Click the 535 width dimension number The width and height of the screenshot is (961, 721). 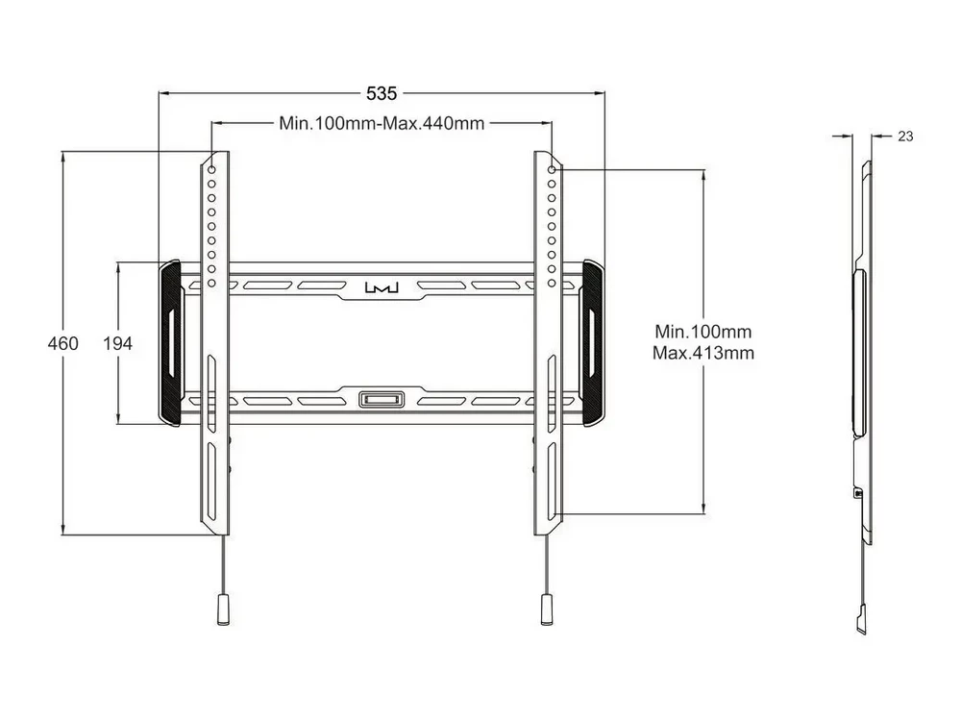[382, 93]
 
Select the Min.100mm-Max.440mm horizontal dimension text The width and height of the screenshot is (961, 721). [382, 123]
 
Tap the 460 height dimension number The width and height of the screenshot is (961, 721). [63, 343]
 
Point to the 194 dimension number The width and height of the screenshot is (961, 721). [117, 343]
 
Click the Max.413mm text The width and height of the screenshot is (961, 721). [703, 353]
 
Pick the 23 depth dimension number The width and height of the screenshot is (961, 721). [905, 137]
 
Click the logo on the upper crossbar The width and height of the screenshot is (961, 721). [382, 286]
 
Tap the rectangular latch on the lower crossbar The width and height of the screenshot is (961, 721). [382, 400]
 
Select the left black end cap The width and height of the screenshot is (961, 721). [170, 343]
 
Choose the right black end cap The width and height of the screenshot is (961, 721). [593, 343]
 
